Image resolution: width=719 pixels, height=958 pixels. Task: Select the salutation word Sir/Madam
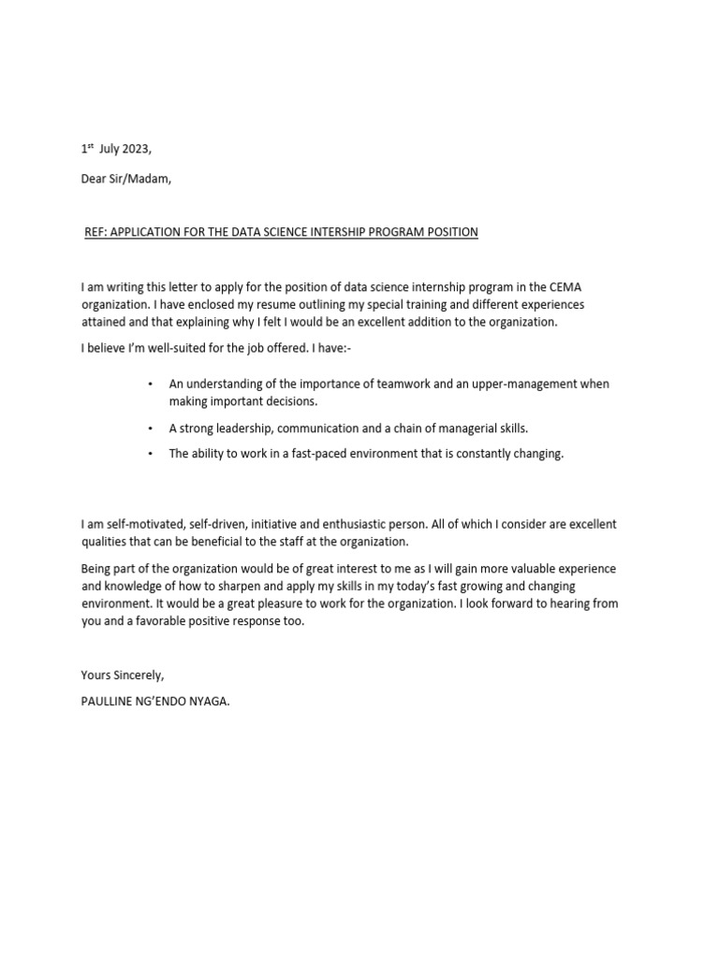(139, 180)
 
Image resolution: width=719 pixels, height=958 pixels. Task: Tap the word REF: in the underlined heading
(95, 232)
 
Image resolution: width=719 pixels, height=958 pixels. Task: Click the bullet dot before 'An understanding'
(150, 385)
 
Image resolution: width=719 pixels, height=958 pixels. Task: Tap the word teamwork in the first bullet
(402, 384)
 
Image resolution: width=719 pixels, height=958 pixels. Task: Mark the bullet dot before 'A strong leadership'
(150, 428)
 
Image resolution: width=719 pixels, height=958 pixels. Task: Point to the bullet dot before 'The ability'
(150, 455)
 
